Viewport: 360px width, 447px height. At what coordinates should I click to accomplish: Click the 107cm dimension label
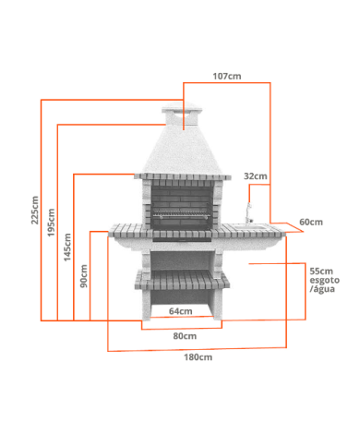tap(227, 76)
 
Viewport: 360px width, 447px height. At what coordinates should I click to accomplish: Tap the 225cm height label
tap(35, 210)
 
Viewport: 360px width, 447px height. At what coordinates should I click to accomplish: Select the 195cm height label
tap(51, 223)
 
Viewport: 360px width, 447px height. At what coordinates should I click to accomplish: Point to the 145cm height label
tap(67, 248)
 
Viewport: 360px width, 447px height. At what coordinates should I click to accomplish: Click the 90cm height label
tap(84, 276)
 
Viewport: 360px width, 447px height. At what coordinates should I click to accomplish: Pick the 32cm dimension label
tap(256, 176)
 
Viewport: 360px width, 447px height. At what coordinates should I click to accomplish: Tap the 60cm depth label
tap(311, 222)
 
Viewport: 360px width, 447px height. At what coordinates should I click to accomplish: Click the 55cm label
tap(321, 272)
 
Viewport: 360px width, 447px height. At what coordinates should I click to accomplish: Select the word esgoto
tap(325, 280)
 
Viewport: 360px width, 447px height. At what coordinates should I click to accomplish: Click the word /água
tap(322, 289)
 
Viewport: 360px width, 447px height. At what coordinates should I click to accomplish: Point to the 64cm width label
tap(181, 311)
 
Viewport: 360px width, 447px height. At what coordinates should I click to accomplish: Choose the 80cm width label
tap(185, 336)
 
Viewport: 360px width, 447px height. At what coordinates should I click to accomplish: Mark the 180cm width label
tap(198, 357)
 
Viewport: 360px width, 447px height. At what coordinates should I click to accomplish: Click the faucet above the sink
tap(248, 212)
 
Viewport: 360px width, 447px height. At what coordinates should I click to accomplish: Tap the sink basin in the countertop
tap(250, 227)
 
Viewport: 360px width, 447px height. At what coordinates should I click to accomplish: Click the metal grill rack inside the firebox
tap(182, 214)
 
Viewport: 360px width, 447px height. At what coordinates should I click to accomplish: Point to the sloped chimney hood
tap(183, 150)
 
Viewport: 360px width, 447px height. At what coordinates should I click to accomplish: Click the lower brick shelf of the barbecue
tap(182, 279)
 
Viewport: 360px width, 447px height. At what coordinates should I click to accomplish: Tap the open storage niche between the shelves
tap(182, 260)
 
